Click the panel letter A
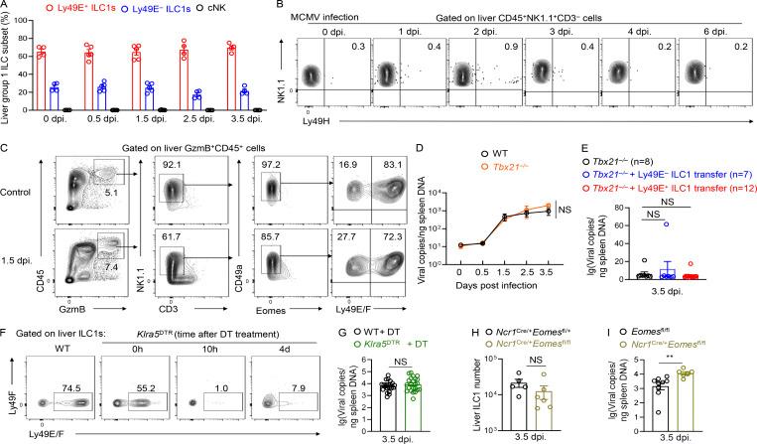pos(7,8)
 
